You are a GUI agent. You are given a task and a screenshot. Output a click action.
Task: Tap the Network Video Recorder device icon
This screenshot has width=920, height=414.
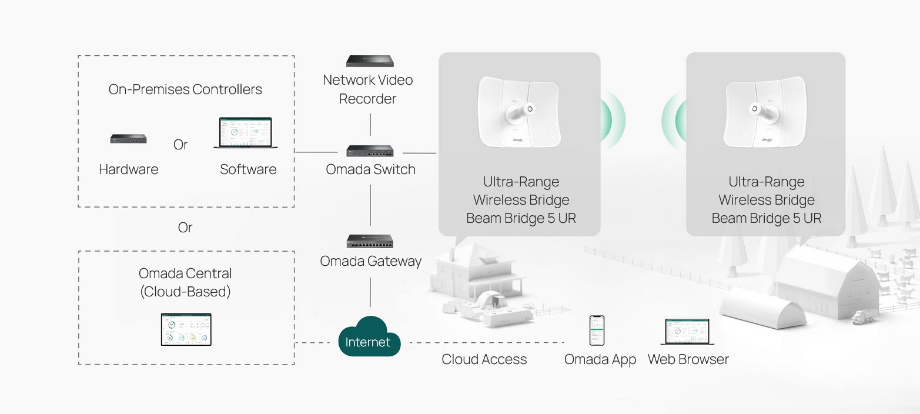(x=369, y=61)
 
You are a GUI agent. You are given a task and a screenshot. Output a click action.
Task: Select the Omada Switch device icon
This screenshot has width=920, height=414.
(x=370, y=151)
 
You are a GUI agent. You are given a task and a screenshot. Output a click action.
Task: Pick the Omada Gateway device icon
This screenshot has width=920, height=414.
(x=370, y=241)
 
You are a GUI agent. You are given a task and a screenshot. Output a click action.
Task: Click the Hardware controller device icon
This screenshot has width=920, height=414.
(x=128, y=139)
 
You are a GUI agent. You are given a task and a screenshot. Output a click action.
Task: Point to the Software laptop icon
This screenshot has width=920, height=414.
(x=246, y=133)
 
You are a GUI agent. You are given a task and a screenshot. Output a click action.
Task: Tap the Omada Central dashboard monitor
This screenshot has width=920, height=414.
(x=186, y=329)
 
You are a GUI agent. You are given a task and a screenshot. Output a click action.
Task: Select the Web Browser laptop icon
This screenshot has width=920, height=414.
(x=687, y=332)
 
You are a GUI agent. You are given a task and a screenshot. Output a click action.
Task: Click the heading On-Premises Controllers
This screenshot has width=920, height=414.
(x=185, y=89)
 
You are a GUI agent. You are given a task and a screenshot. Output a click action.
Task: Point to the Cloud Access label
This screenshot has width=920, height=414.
(x=484, y=359)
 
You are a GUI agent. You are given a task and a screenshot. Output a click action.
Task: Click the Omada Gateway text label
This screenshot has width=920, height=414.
(x=370, y=261)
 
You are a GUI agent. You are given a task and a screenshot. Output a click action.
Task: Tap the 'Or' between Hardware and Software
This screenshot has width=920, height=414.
(x=181, y=145)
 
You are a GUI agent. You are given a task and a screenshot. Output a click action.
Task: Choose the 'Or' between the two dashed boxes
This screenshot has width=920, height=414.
(x=185, y=228)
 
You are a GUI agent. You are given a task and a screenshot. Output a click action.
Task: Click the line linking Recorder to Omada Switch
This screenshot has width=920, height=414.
(x=370, y=125)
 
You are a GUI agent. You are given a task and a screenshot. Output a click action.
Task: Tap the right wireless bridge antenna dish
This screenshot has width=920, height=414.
(x=765, y=112)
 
